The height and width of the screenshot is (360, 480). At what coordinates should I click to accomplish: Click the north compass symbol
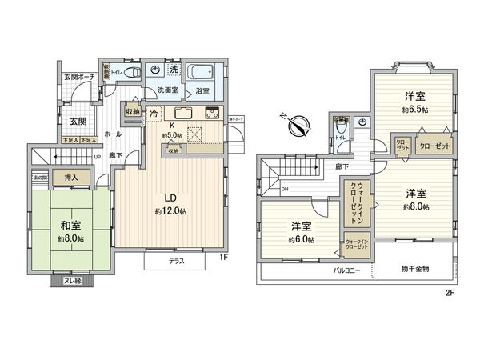[298, 125]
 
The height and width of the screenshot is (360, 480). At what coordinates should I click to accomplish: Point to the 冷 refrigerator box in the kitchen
[153, 114]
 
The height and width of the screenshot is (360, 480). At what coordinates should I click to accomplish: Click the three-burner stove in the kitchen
[212, 112]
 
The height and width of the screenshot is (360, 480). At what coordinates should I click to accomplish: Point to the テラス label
[178, 262]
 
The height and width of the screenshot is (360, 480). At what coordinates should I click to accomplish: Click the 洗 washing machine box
[173, 70]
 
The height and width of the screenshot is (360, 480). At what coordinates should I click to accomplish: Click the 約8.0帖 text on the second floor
[414, 206]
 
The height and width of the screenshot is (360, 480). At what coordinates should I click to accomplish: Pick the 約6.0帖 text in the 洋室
[301, 238]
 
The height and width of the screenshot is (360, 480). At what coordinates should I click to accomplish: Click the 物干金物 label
[414, 270]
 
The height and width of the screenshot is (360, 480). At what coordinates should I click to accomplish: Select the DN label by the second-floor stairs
[286, 189]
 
